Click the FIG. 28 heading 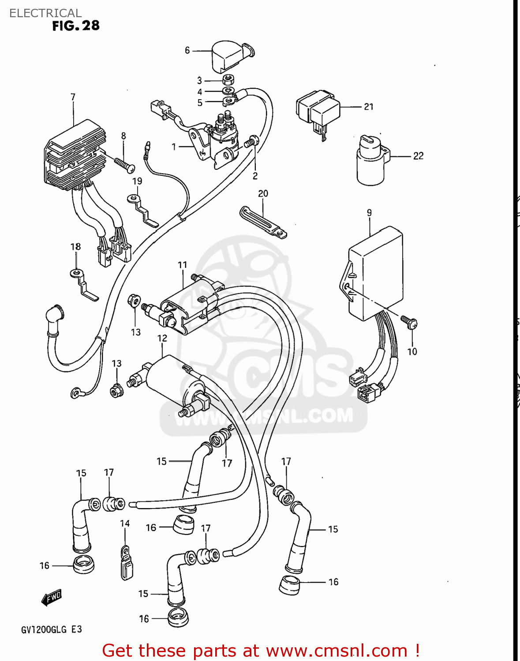(x=75, y=26)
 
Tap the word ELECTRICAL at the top (x=45, y=13)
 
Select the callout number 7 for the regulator (x=73, y=97)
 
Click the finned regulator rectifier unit (x=75, y=154)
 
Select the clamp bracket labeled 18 (x=84, y=284)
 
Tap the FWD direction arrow (x=52, y=598)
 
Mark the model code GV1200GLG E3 (x=52, y=629)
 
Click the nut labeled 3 (x=228, y=80)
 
